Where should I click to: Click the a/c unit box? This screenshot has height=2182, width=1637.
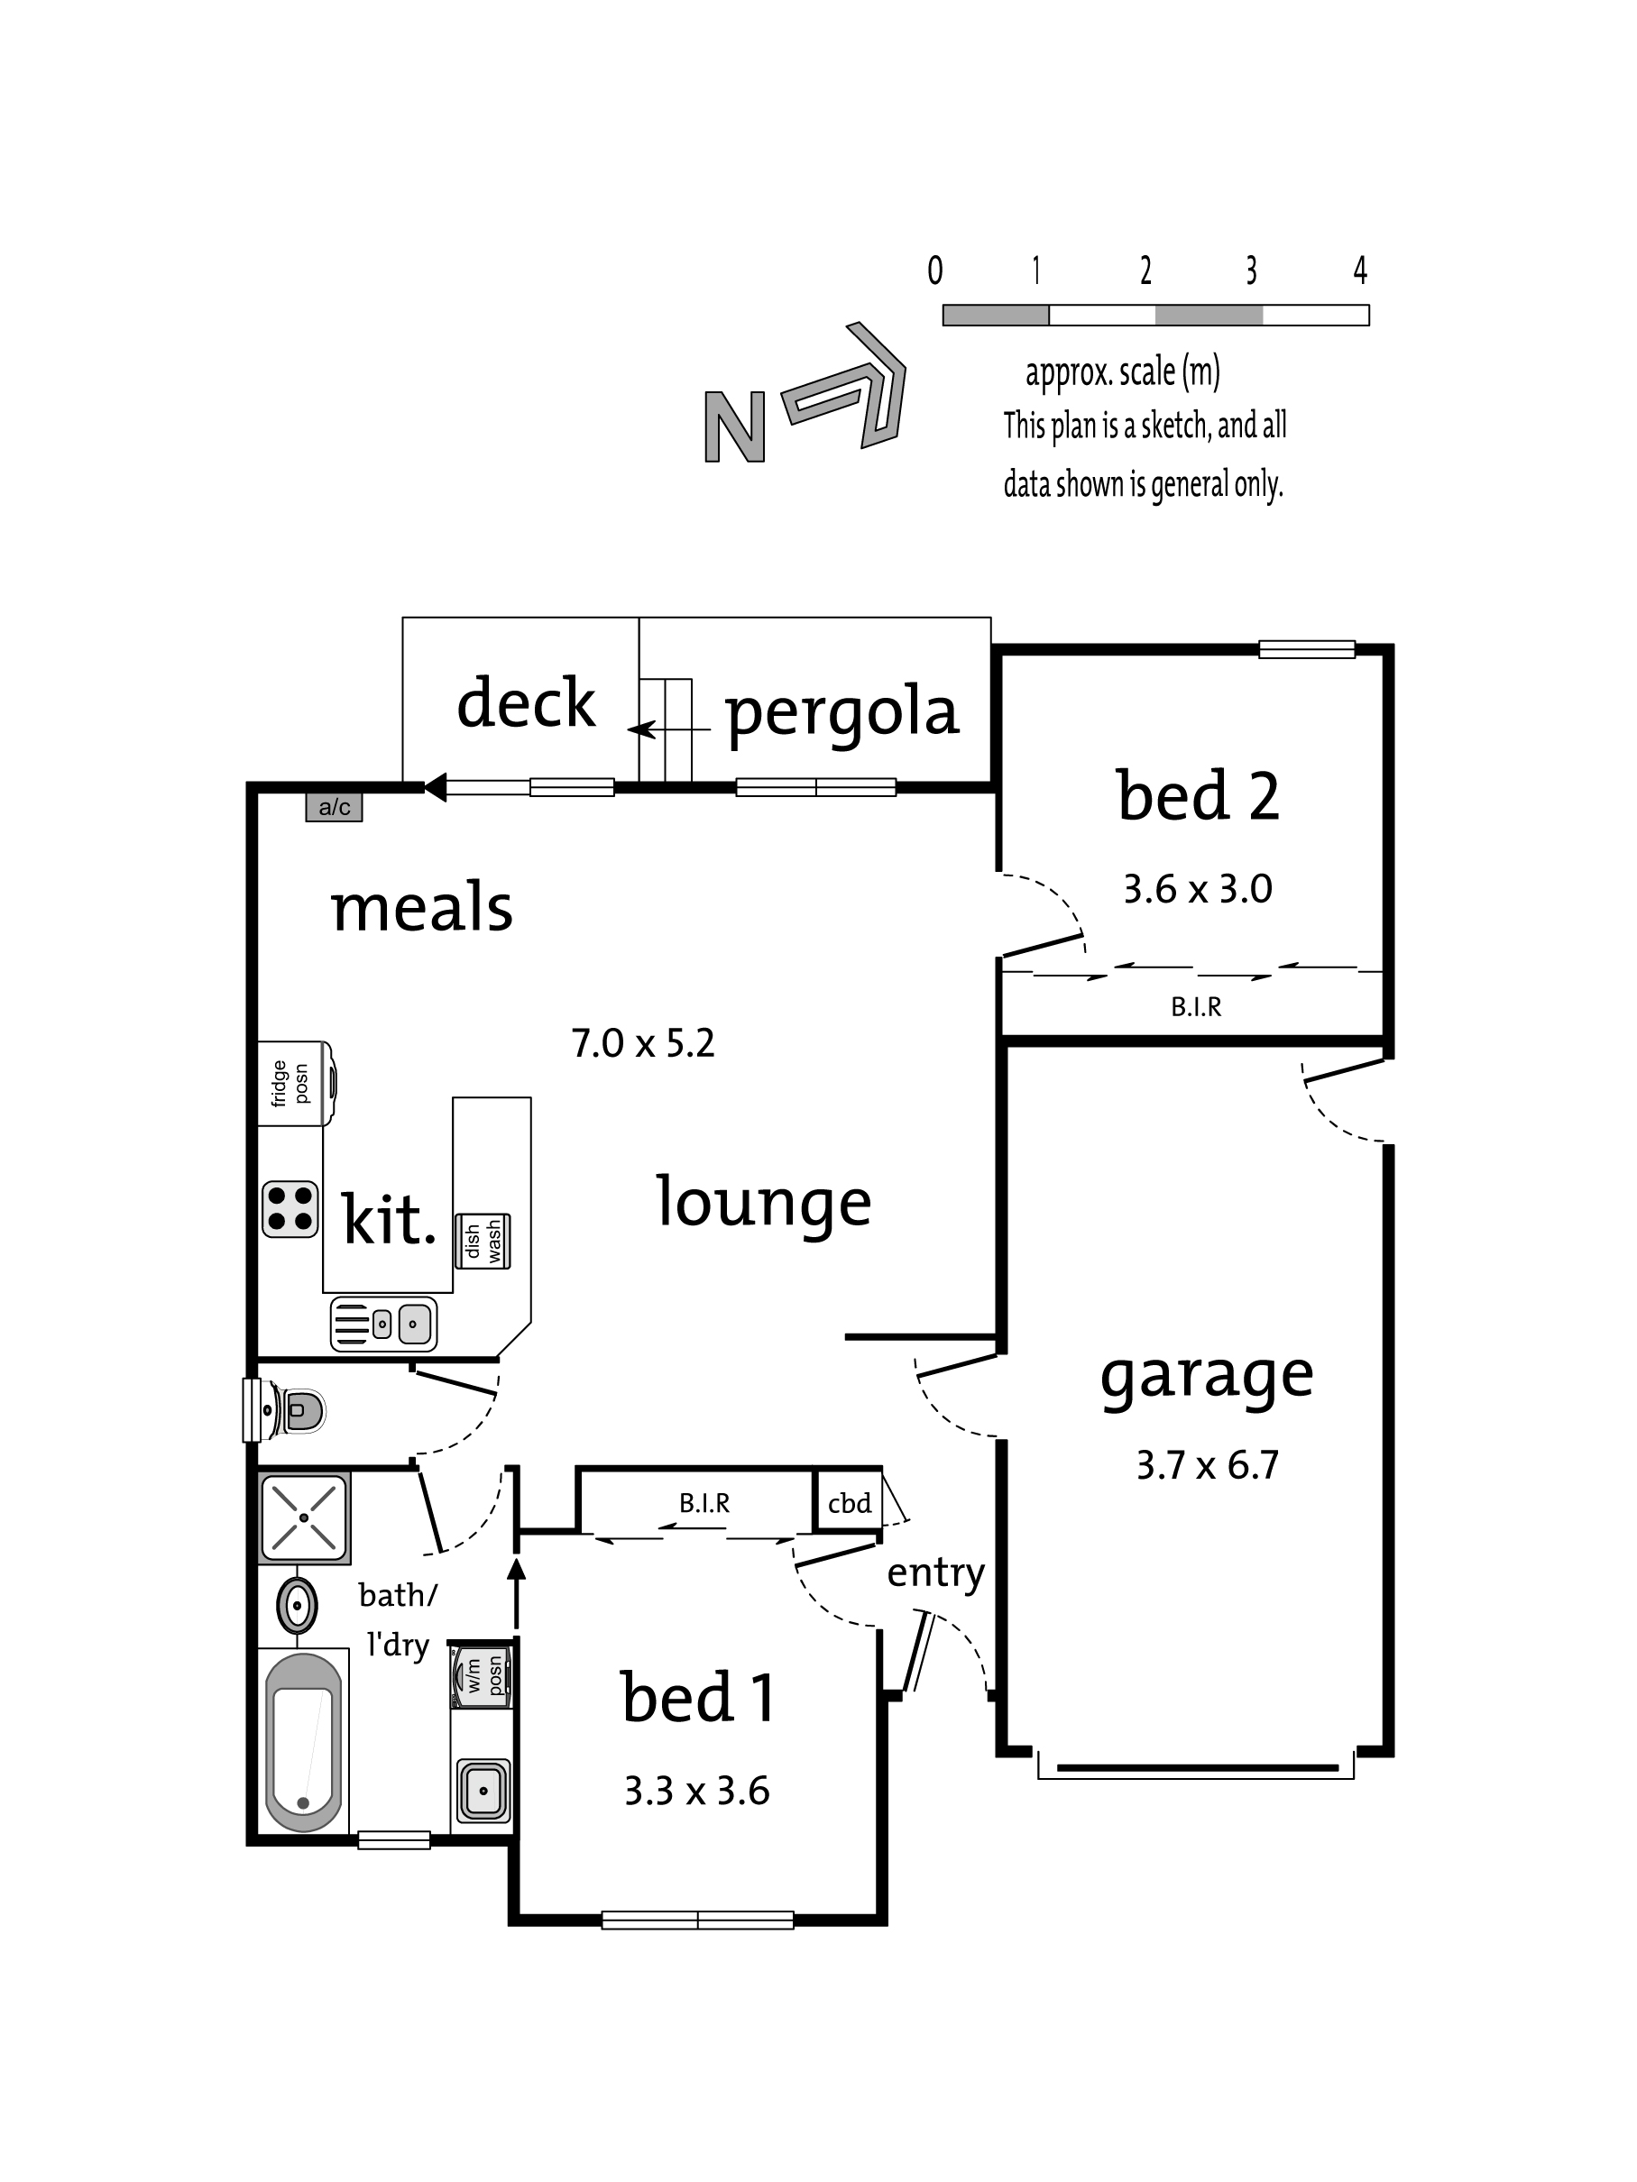pyautogui.click(x=334, y=807)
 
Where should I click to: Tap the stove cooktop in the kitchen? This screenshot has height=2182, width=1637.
pyautogui.click(x=290, y=1208)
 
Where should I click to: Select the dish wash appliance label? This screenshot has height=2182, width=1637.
pyautogui.click(x=483, y=1241)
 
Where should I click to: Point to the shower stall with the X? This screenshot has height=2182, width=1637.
pyautogui.click(x=304, y=1517)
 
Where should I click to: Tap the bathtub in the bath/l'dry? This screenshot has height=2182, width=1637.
pyautogui.click(x=304, y=1743)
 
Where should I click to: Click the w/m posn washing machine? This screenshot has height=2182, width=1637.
pyautogui.click(x=481, y=1677)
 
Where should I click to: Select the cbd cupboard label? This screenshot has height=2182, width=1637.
pyautogui.click(x=850, y=1503)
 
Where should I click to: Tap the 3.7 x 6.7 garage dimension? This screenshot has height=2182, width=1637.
pyautogui.click(x=1207, y=1466)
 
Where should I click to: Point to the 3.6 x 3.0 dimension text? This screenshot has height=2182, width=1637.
pyautogui.click(x=1197, y=889)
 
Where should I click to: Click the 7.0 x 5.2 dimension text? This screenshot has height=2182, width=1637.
pyautogui.click(x=642, y=1042)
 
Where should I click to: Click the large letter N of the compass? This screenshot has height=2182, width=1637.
pyautogui.click(x=735, y=427)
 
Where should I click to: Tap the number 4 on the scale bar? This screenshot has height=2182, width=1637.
pyautogui.click(x=1360, y=270)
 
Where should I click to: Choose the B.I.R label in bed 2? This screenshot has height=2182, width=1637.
pyautogui.click(x=1196, y=1007)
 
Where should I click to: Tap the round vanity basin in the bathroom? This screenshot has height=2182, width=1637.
pyautogui.click(x=296, y=1607)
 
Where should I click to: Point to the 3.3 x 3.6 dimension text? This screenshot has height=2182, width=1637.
pyautogui.click(x=696, y=1792)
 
